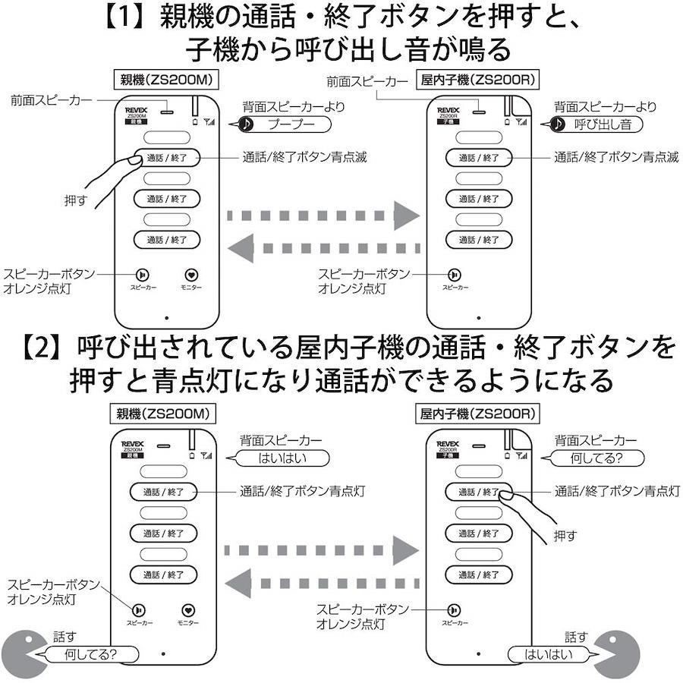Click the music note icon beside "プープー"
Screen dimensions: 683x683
pyautogui.click(x=245, y=124)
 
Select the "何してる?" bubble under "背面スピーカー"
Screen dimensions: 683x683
pyautogui.click(x=596, y=458)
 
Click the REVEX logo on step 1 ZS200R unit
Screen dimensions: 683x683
pyautogui.click(x=448, y=110)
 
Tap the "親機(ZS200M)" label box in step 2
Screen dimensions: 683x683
pyautogui.click(x=163, y=414)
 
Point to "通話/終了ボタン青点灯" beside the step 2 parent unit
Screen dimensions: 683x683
pyautogui.click(x=302, y=491)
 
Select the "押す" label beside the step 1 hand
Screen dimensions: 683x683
pyautogui.click(x=77, y=201)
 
